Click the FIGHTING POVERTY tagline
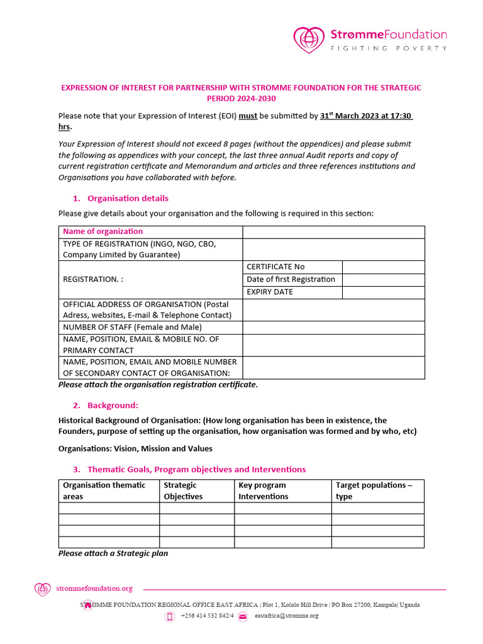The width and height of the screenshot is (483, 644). point(389,48)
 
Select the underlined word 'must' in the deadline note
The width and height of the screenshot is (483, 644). point(248,116)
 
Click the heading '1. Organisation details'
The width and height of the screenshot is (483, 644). point(128,198)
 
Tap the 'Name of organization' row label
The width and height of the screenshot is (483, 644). point(103,231)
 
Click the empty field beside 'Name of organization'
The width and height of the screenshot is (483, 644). point(333,231)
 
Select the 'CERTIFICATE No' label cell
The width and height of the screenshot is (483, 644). point(275,267)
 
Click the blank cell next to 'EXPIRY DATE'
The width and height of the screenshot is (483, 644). point(383,292)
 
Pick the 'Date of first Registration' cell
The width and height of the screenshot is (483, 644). point(291,279)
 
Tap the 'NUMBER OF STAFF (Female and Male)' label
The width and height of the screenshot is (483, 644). point(132,327)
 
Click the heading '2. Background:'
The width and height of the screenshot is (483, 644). point(113,405)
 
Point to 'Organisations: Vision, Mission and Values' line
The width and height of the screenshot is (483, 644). point(135,448)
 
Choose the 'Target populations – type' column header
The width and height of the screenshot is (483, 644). point(374,491)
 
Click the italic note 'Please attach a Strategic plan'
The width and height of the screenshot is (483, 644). point(113,553)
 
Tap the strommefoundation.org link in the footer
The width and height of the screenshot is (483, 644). point(94,589)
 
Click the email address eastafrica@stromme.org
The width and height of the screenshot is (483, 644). point(286,616)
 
